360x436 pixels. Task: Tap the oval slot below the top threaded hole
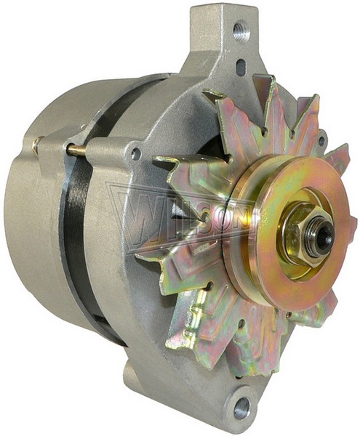pos(241,66)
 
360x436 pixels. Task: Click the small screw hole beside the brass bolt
pos(135,153)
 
